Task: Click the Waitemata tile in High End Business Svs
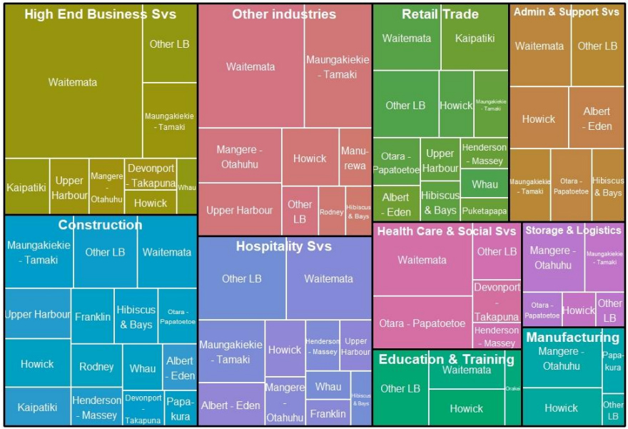73,82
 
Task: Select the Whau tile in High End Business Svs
187,186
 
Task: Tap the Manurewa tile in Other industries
355,157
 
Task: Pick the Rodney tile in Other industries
331,211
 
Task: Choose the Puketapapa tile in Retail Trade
485,211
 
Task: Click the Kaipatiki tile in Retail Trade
475,38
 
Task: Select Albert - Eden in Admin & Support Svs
597,118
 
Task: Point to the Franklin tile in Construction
93,316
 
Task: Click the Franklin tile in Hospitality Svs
328,413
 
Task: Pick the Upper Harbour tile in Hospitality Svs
355,346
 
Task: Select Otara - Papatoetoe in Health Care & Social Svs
422,323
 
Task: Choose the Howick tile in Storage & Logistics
578,310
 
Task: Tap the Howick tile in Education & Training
466,408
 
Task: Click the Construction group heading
100,225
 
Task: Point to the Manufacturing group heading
572,337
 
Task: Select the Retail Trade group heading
440,14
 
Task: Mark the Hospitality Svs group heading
284,246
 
